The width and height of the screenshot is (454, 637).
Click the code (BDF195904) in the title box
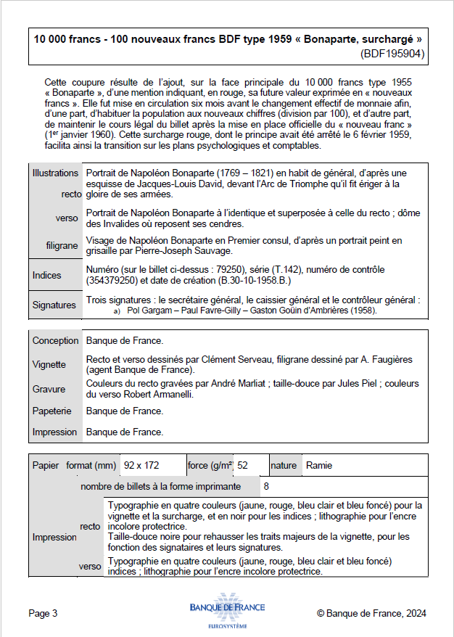[x=392, y=53]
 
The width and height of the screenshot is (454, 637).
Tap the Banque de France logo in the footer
[x=227, y=614]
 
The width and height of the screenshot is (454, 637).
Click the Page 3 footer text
[x=43, y=613]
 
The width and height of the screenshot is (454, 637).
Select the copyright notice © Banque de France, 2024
[x=371, y=613]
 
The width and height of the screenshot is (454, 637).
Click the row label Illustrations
[x=55, y=173]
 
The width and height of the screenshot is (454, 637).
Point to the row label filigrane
[x=62, y=245]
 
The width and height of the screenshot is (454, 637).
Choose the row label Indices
[x=47, y=275]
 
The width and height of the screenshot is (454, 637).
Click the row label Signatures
[x=54, y=305]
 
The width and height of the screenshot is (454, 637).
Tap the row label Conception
[x=55, y=340]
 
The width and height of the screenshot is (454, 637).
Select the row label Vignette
[x=49, y=364]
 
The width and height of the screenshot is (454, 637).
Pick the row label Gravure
[x=49, y=389]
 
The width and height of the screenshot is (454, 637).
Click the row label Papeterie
[x=51, y=411]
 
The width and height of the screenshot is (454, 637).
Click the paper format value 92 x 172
[x=141, y=465]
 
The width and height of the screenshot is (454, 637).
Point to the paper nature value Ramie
[x=320, y=465]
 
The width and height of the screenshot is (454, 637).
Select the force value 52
[x=242, y=465]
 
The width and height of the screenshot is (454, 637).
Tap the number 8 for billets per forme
[x=266, y=485]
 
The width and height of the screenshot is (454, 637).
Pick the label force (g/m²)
[x=209, y=465]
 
